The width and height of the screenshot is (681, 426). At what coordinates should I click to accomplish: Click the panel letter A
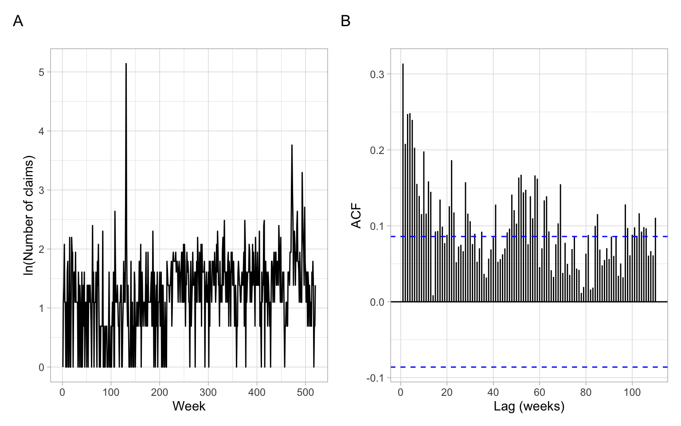coord(18,21)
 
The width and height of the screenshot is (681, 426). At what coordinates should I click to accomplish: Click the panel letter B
coord(345,21)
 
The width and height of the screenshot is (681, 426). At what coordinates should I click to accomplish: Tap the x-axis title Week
coord(189,406)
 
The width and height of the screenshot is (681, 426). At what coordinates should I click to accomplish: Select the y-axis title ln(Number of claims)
coord(28,215)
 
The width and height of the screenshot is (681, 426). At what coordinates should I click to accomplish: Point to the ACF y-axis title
coord(356,216)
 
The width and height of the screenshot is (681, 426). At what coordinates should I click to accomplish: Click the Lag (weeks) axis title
coord(529,406)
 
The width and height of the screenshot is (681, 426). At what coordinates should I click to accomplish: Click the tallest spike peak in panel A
coord(126,64)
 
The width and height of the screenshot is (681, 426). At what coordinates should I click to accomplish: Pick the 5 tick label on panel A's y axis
coord(42,72)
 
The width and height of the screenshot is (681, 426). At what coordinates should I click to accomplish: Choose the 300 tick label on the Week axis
coord(208,392)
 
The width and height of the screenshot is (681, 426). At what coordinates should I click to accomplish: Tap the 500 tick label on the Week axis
coord(305,392)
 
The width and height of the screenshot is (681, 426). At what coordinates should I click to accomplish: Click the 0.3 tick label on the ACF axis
coord(377,74)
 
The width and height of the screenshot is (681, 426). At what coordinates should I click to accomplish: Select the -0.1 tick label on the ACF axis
coord(376,378)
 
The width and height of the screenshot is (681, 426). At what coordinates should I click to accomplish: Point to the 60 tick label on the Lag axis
coord(540,392)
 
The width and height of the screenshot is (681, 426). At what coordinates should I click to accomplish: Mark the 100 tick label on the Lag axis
coord(632,392)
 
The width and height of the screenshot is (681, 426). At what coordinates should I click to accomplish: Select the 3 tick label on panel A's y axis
coord(42,190)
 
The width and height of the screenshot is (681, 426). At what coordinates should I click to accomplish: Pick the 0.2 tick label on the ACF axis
coord(377,150)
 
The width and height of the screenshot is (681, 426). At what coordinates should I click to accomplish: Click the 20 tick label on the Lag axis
coord(447,392)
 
